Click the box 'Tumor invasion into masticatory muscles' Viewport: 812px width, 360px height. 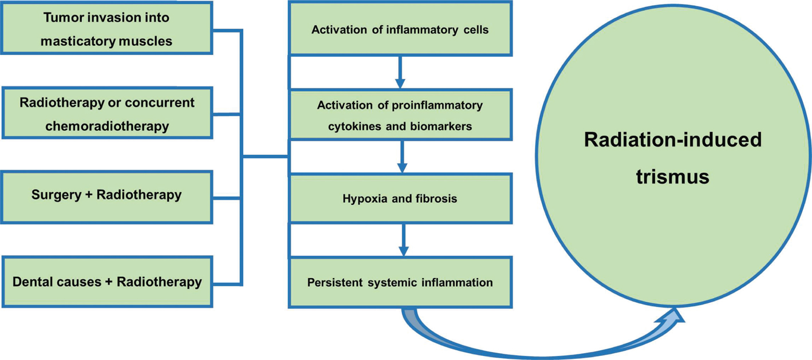[107, 28]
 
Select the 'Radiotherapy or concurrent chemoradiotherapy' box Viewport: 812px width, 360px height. [107, 113]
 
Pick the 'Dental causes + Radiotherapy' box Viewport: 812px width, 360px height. [107, 282]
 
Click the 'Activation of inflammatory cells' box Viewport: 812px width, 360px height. [400, 29]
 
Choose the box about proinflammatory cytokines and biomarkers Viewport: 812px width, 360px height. [400, 114]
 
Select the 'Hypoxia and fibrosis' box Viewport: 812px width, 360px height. [400, 199]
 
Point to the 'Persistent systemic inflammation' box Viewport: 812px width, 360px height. [400, 283]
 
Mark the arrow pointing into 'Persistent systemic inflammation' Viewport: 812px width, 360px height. [403, 240]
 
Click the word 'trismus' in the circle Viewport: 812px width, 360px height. [672, 176]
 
